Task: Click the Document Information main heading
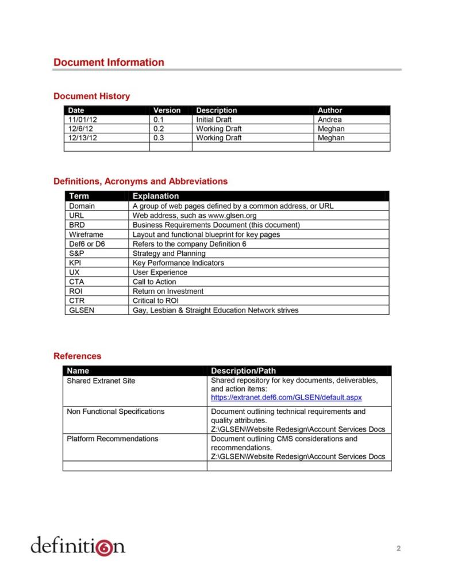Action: click(109, 62)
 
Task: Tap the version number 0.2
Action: click(159, 129)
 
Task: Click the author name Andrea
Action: click(329, 120)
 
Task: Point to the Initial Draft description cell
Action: click(214, 120)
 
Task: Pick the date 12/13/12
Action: click(82, 138)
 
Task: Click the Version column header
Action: click(167, 110)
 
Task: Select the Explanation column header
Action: click(156, 196)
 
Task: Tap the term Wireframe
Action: click(86, 235)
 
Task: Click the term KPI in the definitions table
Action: click(75, 263)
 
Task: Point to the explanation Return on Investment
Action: click(168, 291)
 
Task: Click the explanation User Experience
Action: click(160, 272)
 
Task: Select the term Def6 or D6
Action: click(87, 244)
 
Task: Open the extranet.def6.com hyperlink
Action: click(286, 397)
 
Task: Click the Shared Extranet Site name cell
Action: click(101, 381)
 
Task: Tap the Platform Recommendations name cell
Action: click(112, 439)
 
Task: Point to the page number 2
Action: click(398, 548)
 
